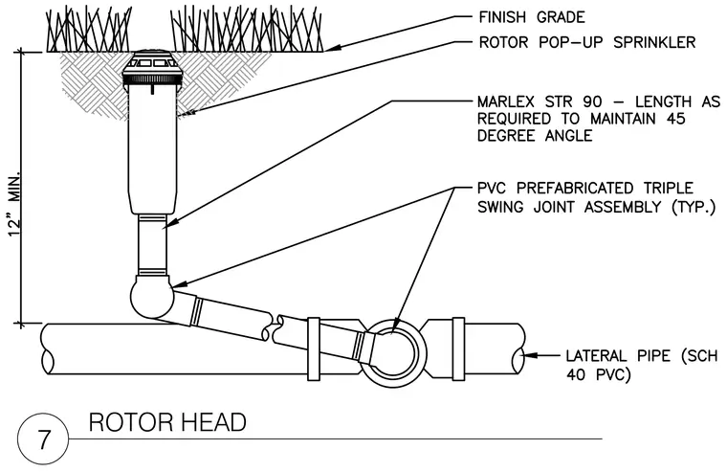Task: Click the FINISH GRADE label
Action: [x=531, y=17]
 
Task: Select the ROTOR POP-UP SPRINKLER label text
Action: [x=587, y=42]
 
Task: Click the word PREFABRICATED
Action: [x=575, y=188]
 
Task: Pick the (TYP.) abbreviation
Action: [x=694, y=207]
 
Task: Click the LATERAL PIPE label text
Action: [x=618, y=356]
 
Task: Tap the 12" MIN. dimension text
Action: [x=15, y=205]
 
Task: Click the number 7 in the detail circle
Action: [x=43, y=439]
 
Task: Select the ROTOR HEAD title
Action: [x=167, y=422]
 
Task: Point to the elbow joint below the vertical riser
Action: [x=152, y=298]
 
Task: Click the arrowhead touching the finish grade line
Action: [x=332, y=47]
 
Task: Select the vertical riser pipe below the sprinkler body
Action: [x=152, y=245]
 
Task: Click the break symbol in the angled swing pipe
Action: [x=273, y=327]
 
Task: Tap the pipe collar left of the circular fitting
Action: [x=314, y=349]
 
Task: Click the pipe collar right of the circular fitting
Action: [x=458, y=349]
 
